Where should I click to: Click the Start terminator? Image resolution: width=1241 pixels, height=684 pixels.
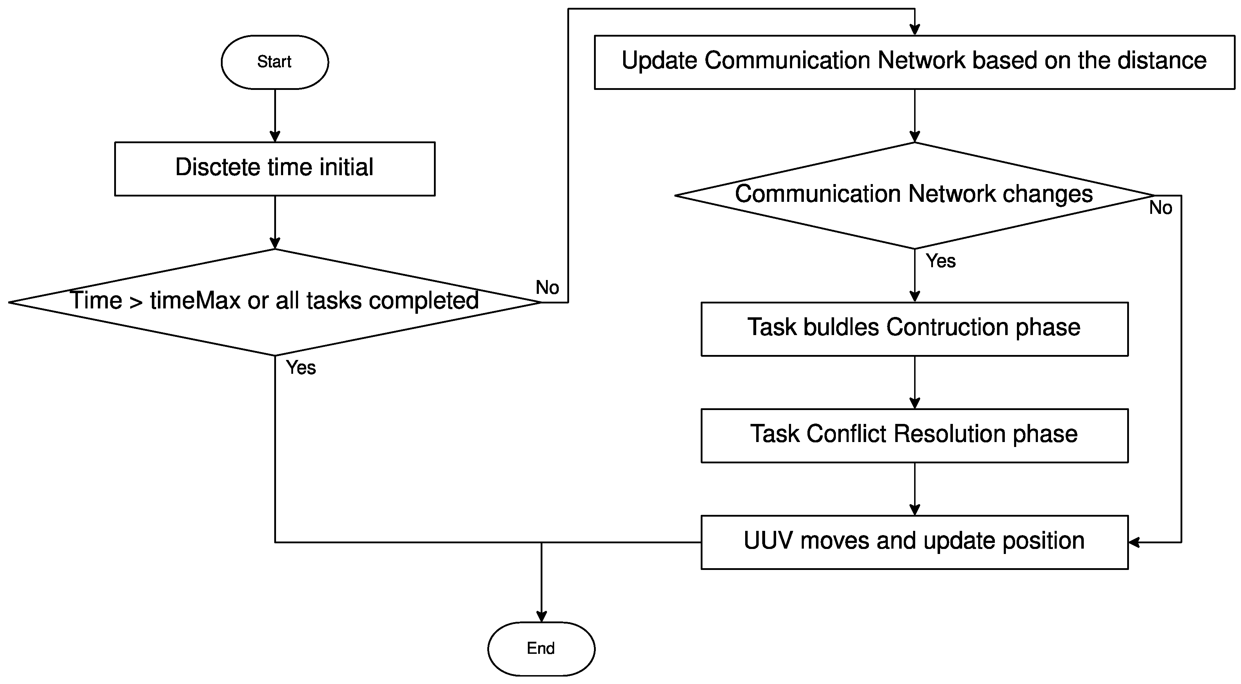[275, 62]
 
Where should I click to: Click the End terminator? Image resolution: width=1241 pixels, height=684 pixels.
[541, 648]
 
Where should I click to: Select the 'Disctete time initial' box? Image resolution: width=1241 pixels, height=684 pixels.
[275, 168]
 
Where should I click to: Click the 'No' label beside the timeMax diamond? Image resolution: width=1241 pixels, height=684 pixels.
[547, 288]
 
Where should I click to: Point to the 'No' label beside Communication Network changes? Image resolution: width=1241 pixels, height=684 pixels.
[1161, 208]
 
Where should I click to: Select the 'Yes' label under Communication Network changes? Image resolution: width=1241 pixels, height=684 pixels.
[940, 261]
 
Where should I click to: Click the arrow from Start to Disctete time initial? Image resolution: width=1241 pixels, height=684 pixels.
[275, 115]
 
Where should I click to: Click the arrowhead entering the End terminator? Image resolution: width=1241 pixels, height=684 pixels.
[541, 616]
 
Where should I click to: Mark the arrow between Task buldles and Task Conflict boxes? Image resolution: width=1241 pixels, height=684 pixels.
[914, 383]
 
